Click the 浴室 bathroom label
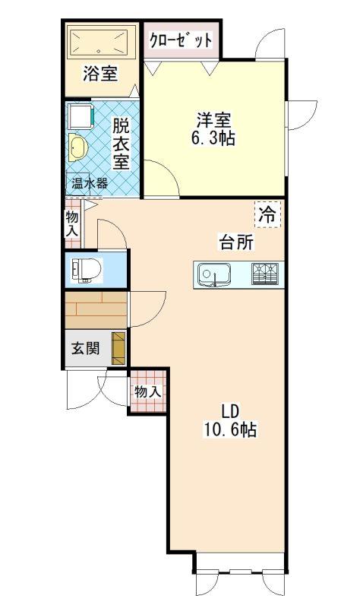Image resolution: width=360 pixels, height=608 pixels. (100, 74)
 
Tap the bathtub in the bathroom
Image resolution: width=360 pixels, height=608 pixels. (102, 42)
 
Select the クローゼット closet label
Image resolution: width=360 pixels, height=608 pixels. (181, 40)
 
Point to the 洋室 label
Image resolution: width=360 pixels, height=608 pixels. (213, 120)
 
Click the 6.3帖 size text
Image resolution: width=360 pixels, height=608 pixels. (213, 138)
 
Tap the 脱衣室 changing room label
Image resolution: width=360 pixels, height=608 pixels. (121, 144)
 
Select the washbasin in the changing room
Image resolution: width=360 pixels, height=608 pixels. (77, 147)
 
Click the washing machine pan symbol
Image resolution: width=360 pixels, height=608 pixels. (81, 116)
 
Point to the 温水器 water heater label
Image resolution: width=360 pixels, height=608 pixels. (90, 183)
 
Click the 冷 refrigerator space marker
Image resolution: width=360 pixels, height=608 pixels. (268, 214)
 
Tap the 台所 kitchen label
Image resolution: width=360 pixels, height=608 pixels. (236, 242)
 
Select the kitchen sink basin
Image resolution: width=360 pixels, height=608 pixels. (214, 274)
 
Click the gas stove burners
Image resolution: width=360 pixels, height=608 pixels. (265, 274)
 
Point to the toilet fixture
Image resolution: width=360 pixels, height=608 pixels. (86, 270)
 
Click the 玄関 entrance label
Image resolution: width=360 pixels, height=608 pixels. (85, 348)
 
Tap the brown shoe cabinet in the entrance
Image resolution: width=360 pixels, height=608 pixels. (118, 348)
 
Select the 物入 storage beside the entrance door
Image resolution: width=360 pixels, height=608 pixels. (148, 391)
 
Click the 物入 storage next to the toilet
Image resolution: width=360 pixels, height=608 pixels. (73, 223)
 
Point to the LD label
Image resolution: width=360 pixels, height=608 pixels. (229, 411)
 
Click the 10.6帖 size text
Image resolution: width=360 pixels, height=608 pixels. (229, 429)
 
